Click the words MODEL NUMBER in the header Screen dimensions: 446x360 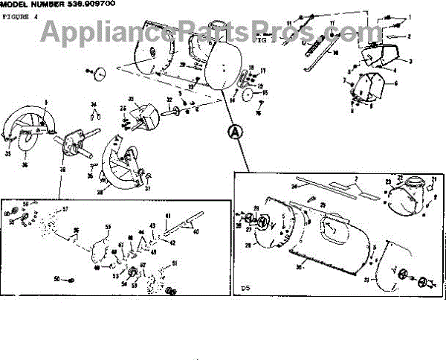(x=33, y=4)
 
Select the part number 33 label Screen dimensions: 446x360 (x=131, y=99)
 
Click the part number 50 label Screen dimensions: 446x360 (x=56, y=279)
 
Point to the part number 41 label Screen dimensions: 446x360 (x=168, y=216)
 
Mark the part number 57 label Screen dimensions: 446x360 (x=65, y=210)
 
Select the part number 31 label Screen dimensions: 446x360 (x=366, y=280)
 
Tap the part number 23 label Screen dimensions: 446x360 (x=387, y=181)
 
